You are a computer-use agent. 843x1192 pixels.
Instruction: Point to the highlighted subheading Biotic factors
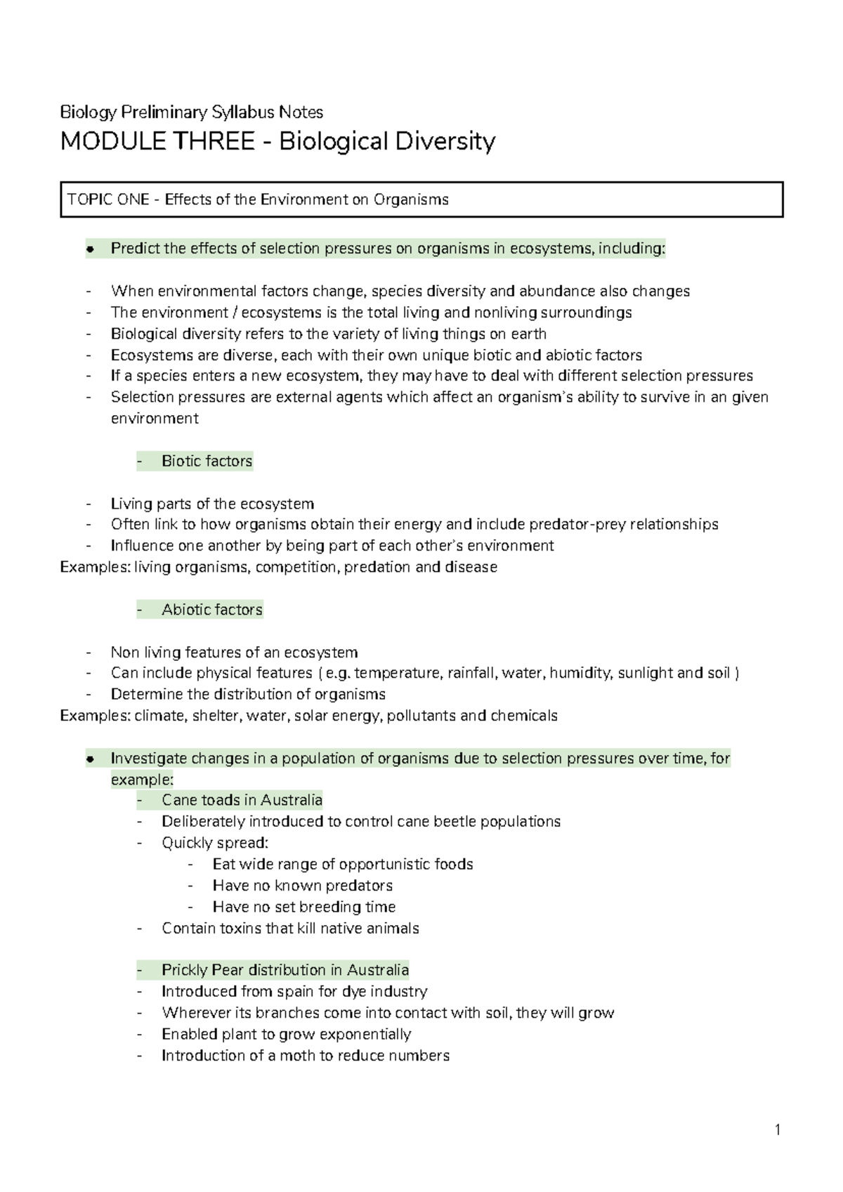(x=207, y=461)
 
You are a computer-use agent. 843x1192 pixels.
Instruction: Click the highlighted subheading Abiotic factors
(x=211, y=610)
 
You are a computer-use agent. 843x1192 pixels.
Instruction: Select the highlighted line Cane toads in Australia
(x=242, y=800)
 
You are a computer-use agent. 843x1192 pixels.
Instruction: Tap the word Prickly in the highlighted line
(x=185, y=970)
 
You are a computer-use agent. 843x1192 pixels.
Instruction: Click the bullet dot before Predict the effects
(x=90, y=249)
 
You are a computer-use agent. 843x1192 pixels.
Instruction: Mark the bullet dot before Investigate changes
(x=90, y=759)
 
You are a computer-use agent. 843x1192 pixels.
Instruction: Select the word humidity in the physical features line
(x=582, y=673)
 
